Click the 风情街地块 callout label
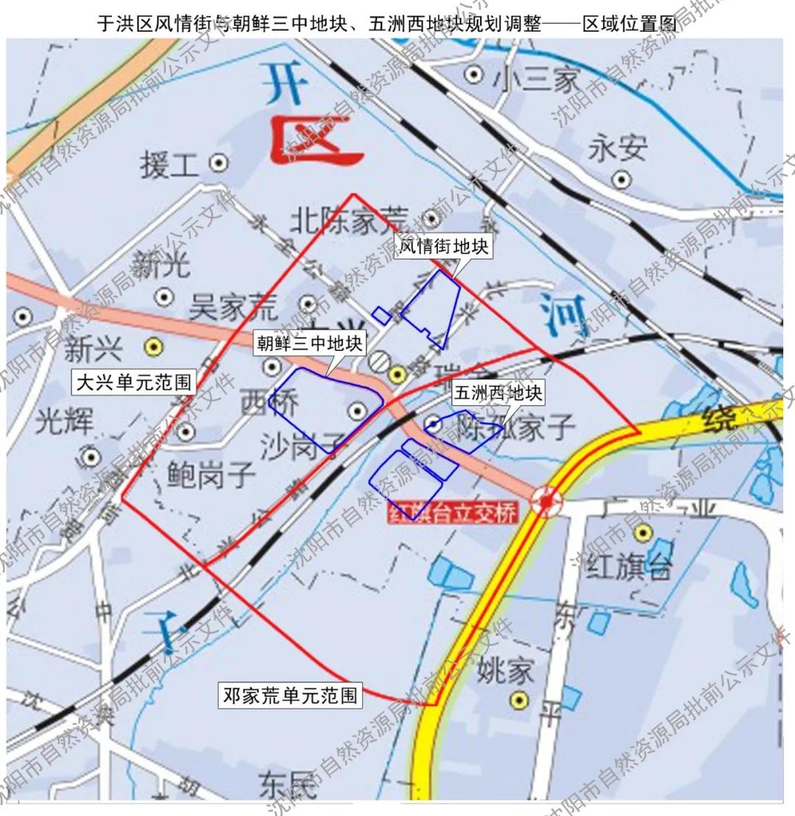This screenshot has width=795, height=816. [x=444, y=246]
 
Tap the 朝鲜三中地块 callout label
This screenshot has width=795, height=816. [x=309, y=343]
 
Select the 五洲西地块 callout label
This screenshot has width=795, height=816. [x=498, y=394]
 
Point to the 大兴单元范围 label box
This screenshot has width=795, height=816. [x=133, y=383]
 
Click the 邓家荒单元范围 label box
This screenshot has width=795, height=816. [x=289, y=695]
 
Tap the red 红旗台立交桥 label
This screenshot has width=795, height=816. [x=452, y=513]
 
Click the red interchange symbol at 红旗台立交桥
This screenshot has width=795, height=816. [x=546, y=502]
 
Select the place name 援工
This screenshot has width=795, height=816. [x=169, y=164]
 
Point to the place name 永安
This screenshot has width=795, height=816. [x=617, y=149]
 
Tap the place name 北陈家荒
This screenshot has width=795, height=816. [x=349, y=219]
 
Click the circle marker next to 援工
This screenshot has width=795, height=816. [x=218, y=163]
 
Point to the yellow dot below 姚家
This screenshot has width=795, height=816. [x=520, y=699]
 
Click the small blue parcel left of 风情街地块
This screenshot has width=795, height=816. [x=381, y=316]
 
